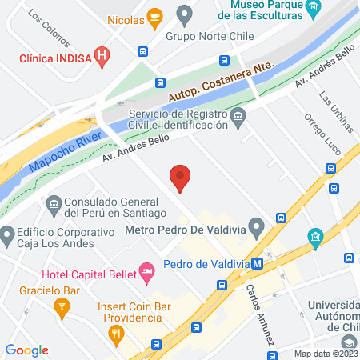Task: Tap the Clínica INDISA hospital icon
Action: [x=102, y=56]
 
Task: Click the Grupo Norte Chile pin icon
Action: [x=185, y=14]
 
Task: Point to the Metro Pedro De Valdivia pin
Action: [x=257, y=228]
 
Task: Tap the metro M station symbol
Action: [x=257, y=264]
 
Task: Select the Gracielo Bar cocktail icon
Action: [x=60, y=306]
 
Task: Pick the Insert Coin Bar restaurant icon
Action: [x=116, y=333]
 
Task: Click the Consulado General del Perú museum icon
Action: [x=54, y=205]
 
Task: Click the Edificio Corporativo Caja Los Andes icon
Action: [x=8, y=236]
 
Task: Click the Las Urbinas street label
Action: [x=335, y=110]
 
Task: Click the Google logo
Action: [x=27, y=350]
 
